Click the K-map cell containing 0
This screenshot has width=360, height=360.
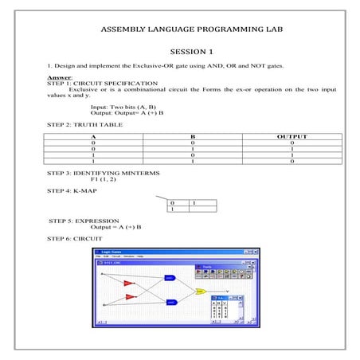(172, 204)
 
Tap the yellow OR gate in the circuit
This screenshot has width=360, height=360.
(200, 292)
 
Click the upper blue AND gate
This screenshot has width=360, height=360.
(170, 278)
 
